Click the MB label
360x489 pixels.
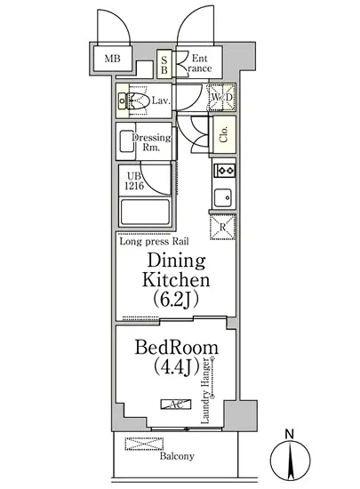(x=112, y=59)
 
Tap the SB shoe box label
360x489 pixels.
(x=164, y=65)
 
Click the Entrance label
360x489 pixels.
(x=199, y=63)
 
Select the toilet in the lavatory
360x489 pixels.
(x=132, y=100)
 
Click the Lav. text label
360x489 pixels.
(x=161, y=100)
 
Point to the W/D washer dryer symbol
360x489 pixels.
(x=222, y=97)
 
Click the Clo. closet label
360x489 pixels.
(x=223, y=134)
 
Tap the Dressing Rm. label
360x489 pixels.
(x=151, y=142)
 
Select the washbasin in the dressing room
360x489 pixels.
(x=126, y=141)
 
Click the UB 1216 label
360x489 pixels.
(x=134, y=181)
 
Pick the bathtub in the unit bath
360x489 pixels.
(x=145, y=212)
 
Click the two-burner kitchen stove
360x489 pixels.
(x=224, y=171)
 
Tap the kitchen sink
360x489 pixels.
(x=223, y=197)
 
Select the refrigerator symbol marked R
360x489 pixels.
(x=222, y=228)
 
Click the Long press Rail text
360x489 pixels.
(x=155, y=242)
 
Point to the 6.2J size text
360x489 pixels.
(x=176, y=301)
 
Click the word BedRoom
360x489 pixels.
(x=176, y=348)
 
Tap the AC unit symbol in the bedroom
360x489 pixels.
(x=176, y=405)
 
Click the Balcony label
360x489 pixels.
(x=177, y=457)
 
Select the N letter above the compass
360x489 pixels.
(x=290, y=434)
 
